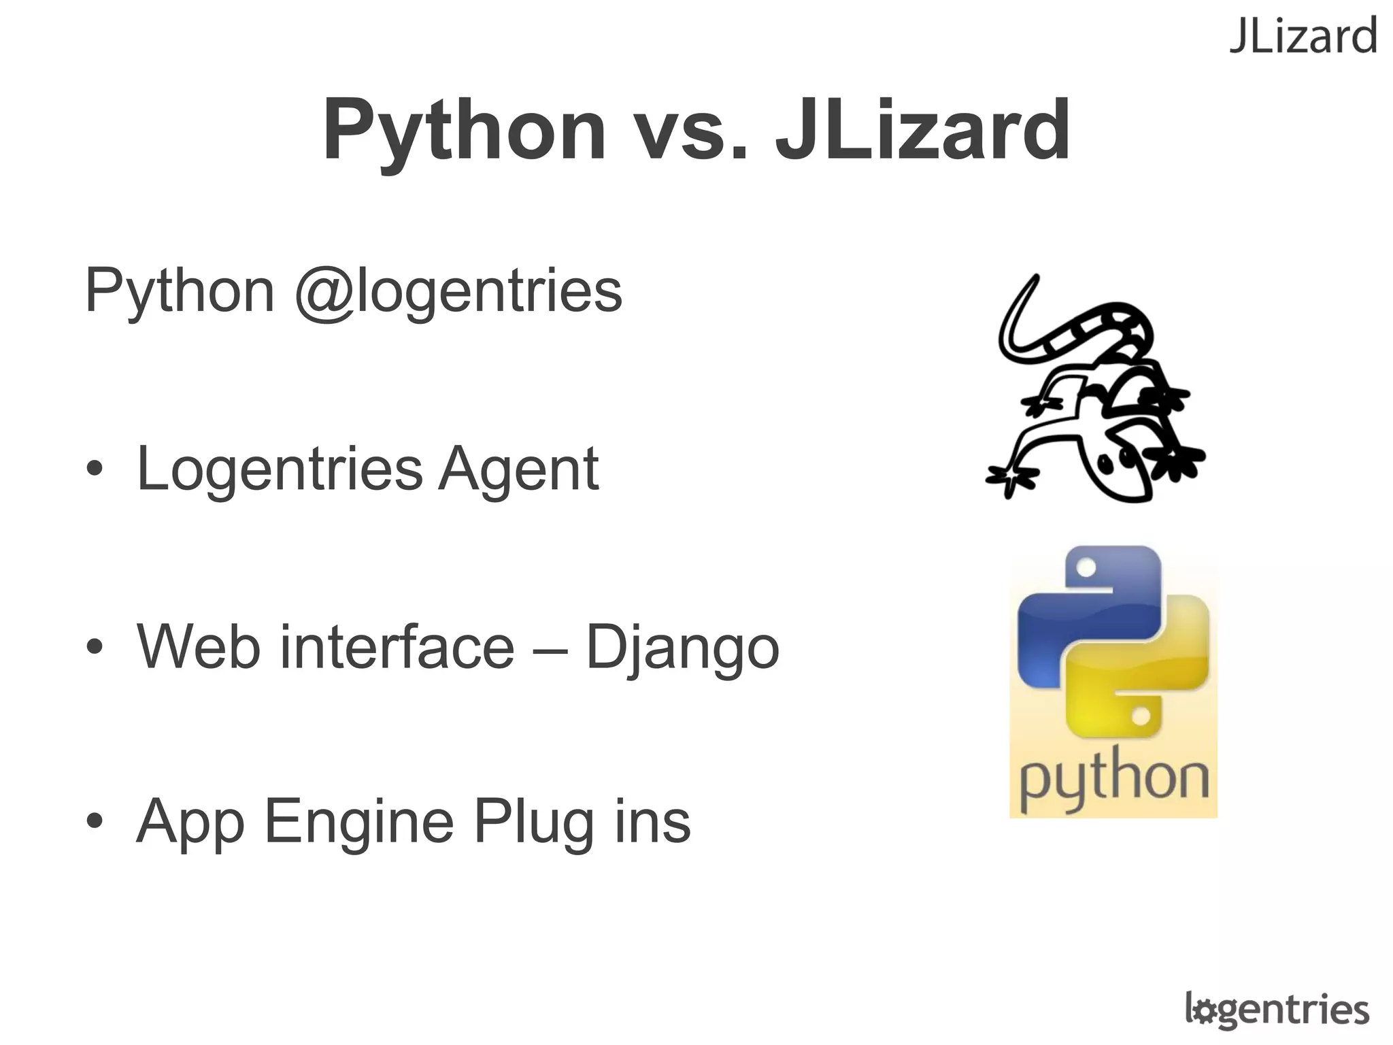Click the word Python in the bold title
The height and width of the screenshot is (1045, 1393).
464,131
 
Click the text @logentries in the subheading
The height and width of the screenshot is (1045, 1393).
458,291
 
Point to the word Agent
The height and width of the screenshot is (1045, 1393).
518,469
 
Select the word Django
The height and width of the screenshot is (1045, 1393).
682,648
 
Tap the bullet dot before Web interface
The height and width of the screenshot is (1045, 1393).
95,647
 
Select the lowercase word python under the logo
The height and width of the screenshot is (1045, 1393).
1113,779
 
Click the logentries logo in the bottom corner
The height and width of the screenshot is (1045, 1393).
1277,1009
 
